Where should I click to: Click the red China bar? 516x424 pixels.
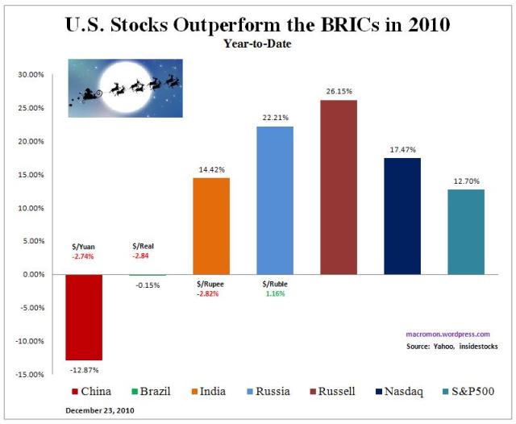click(84, 317)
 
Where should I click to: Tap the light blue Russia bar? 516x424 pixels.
click(275, 200)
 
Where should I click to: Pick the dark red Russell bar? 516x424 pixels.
click(339, 187)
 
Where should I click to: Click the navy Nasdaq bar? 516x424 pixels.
click(402, 216)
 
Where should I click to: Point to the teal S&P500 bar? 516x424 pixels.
click(466, 231)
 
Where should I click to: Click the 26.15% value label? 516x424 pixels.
click(339, 92)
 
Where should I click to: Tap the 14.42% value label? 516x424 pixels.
click(211, 170)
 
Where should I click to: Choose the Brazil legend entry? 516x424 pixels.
click(151, 393)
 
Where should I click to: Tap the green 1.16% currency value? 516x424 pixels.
click(274, 294)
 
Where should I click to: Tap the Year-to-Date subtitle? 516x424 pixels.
click(258, 44)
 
